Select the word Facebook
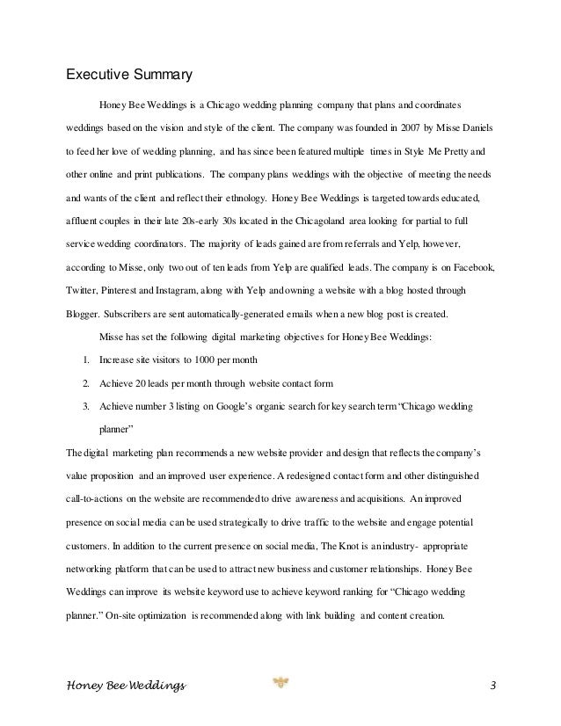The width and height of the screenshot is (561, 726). point(473,265)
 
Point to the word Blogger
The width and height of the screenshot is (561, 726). point(83,313)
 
